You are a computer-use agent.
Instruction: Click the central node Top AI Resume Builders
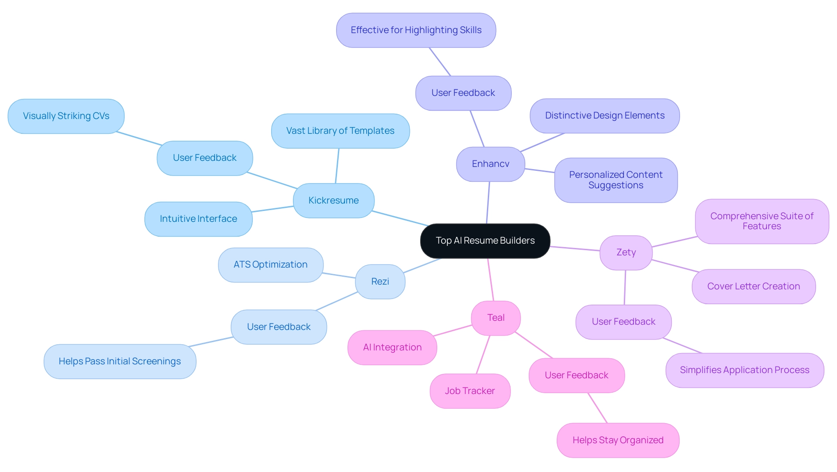pos(485,241)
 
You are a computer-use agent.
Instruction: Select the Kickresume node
pos(333,200)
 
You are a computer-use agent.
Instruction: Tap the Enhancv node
pos(490,164)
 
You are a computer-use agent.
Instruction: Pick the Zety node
pos(626,252)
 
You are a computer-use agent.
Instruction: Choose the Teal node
pos(496,318)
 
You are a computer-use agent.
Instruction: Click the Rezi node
pos(380,282)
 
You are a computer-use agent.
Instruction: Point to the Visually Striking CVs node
pos(66,116)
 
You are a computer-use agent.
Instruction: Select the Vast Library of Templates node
pos(340,131)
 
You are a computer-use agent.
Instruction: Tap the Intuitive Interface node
pos(198,219)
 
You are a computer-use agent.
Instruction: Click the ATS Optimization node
pos(270,265)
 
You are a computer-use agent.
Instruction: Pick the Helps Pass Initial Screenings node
pos(119,361)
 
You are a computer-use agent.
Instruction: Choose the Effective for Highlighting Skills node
pos(416,30)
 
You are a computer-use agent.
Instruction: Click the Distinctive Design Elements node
pos(604,115)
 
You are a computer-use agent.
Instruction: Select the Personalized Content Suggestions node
pos(616,180)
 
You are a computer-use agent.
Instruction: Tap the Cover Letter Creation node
pos(753,286)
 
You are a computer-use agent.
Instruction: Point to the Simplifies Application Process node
pos(744,370)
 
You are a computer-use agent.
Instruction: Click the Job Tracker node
pos(470,391)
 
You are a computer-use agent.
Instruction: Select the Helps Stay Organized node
pos(618,440)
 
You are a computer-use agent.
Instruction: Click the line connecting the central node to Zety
pos(575,248)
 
